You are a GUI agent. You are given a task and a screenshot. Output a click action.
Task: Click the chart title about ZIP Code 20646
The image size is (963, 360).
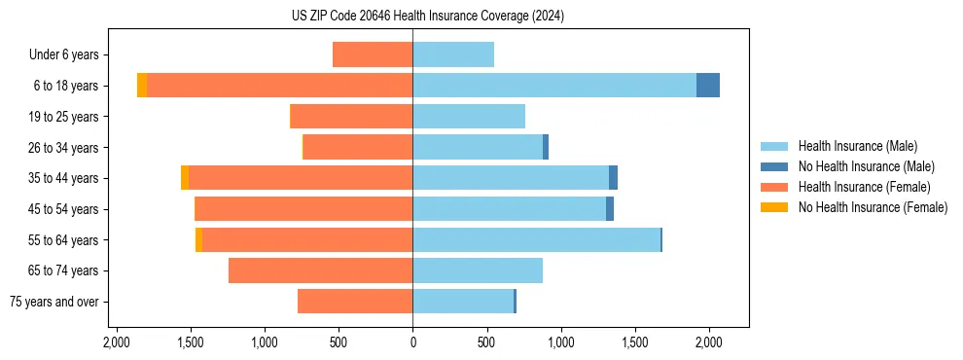coord(427,17)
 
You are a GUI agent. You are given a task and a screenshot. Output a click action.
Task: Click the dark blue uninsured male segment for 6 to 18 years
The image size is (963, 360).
coord(708,86)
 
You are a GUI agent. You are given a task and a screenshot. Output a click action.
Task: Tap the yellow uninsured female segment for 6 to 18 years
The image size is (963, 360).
coord(142,86)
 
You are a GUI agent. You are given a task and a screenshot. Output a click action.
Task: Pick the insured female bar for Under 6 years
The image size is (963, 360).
coord(373,54)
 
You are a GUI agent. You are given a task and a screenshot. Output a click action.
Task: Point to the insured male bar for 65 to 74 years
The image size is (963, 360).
coord(478,270)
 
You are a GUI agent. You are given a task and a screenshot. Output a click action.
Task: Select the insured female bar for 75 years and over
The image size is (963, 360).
coord(355,302)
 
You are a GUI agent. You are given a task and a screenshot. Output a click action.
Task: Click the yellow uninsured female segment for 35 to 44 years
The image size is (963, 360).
coord(185,178)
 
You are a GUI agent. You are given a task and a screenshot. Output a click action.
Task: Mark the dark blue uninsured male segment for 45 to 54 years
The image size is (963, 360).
coord(610,209)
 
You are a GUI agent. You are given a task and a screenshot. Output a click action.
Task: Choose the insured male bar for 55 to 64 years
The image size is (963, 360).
coord(536,239)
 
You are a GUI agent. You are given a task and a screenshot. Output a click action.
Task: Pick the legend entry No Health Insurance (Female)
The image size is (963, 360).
coord(873,207)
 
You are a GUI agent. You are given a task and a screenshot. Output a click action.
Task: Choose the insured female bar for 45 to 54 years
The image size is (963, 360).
coord(303,209)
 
